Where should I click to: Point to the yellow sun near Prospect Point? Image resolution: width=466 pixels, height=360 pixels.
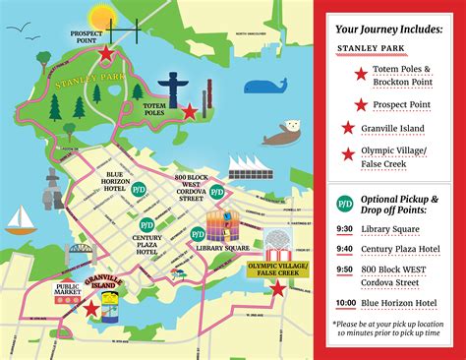coord(101,17)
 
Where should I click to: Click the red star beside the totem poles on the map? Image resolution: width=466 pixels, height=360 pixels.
coord(189,111)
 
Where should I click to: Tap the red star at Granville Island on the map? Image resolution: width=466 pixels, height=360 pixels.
coord(91,310)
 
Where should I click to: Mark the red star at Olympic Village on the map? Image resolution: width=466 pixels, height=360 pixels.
coord(279,288)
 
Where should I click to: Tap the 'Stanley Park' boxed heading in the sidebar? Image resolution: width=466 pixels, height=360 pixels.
coord(388,48)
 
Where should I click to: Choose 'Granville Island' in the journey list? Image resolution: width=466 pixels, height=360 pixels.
coord(402,128)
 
